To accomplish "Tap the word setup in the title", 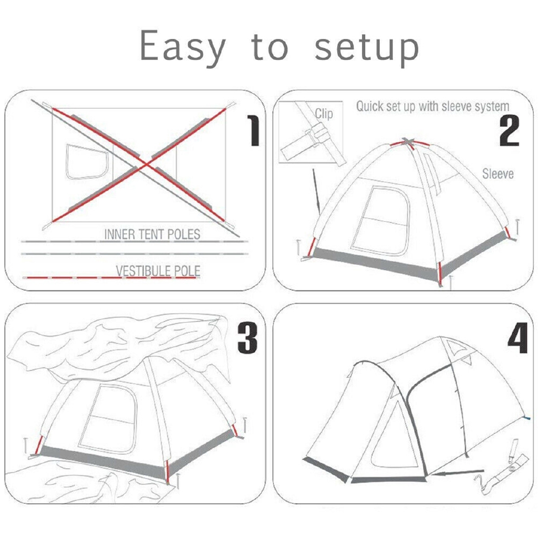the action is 366,48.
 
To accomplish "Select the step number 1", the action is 253,130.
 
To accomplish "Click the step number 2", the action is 509,130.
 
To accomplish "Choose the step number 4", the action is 517,338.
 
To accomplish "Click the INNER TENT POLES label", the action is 152,234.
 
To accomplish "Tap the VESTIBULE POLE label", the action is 158,271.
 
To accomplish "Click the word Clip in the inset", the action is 324,113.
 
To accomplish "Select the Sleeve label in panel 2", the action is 498,173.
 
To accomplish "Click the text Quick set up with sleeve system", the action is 432,106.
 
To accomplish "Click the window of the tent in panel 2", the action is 381,221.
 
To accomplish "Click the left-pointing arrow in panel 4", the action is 457,473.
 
